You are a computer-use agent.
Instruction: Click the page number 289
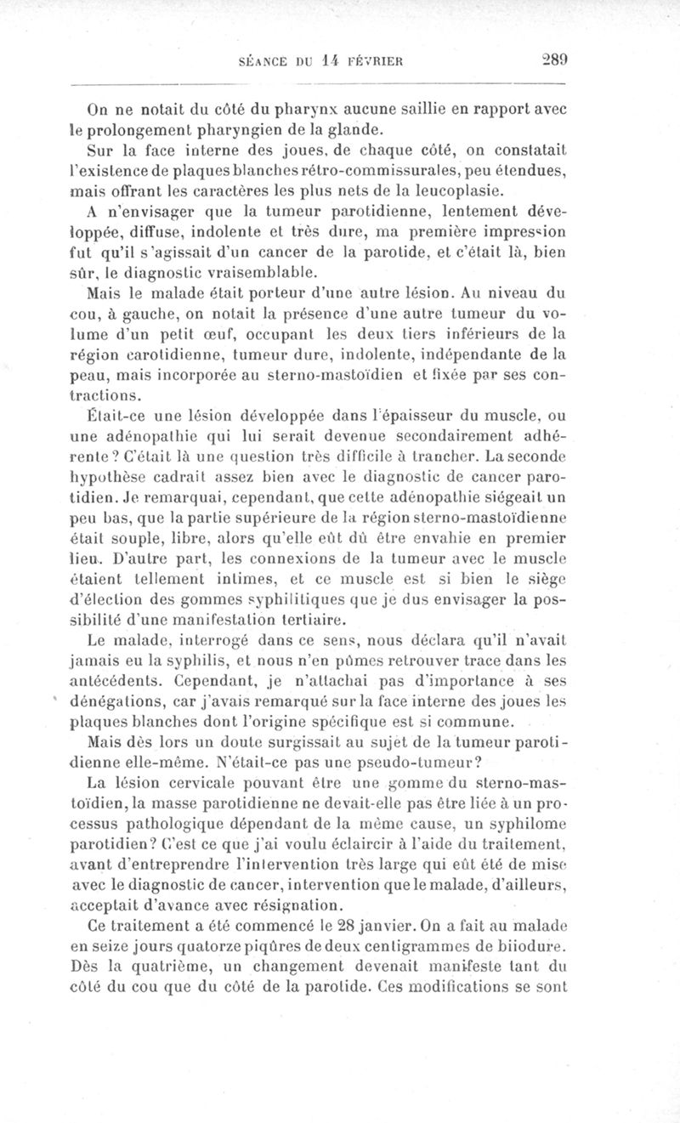coord(554,60)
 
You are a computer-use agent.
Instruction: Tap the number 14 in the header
coord(337,60)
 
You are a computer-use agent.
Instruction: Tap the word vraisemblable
coord(258,272)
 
